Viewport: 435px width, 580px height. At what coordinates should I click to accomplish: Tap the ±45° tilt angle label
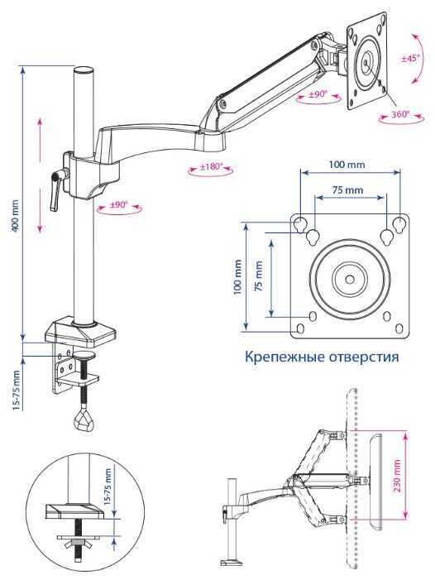[410, 58]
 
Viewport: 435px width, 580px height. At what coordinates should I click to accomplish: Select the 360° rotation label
[400, 114]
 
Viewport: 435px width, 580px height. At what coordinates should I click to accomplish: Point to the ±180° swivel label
[212, 166]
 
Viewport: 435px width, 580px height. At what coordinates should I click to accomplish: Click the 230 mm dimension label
[397, 476]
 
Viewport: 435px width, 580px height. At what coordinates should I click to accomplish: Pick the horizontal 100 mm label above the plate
[347, 164]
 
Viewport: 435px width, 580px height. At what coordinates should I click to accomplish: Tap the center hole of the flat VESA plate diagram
[349, 278]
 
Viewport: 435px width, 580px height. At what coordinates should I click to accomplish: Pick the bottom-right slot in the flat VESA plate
[399, 328]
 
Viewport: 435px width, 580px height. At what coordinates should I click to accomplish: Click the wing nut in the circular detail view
[78, 544]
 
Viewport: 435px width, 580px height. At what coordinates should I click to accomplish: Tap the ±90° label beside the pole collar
[118, 204]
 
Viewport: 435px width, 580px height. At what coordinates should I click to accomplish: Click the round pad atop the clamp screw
[84, 356]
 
